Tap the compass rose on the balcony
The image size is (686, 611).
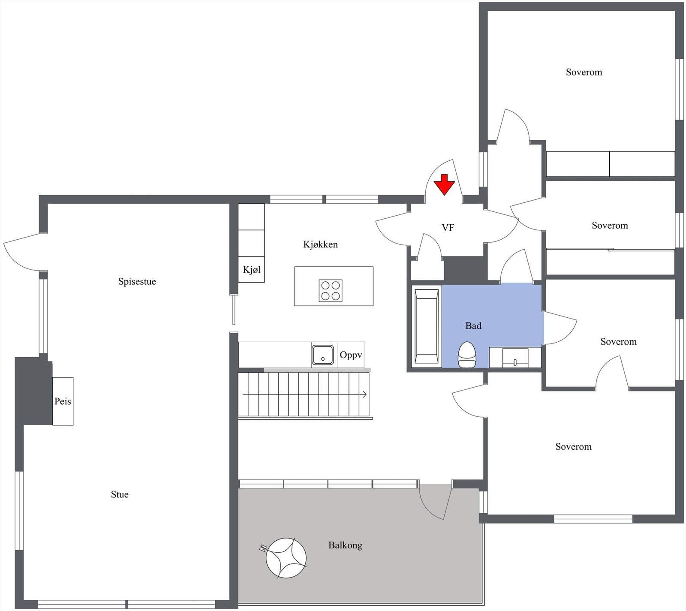point(286,558)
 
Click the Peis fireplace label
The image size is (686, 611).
point(63,401)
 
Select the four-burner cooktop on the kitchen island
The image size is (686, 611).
point(331,290)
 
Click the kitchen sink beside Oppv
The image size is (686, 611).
point(322,355)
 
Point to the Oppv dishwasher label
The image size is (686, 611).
point(351,355)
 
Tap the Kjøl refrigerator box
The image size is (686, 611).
point(251,270)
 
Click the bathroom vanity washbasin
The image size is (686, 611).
point(515,357)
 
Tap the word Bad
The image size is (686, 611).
point(473,326)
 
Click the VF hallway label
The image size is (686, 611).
point(448,228)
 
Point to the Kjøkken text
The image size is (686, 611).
point(320,244)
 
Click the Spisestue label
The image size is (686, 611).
point(137,282)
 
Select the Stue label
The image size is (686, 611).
point(120,494)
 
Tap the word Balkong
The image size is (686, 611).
point(345,545)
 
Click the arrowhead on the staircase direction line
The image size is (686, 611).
point(365,394)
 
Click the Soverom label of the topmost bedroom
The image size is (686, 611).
point(584,72)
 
